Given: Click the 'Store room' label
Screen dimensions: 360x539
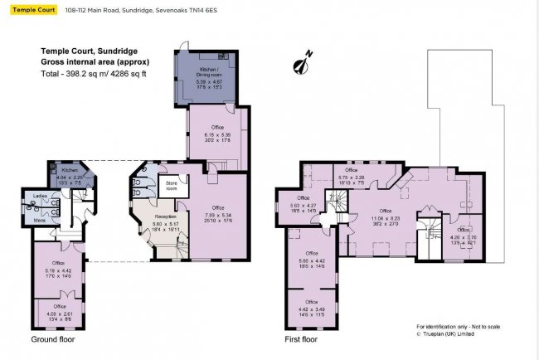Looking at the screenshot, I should pyautogui.click(x=172, y=184).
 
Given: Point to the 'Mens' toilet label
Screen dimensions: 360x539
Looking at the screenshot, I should pyautogui.click(x=38, y=219).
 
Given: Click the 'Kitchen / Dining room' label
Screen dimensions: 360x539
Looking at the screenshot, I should pyautogui.click(x=209, y=72).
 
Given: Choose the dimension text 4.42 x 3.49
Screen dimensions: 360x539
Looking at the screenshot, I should pyautogui.click(x=312, y=309).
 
